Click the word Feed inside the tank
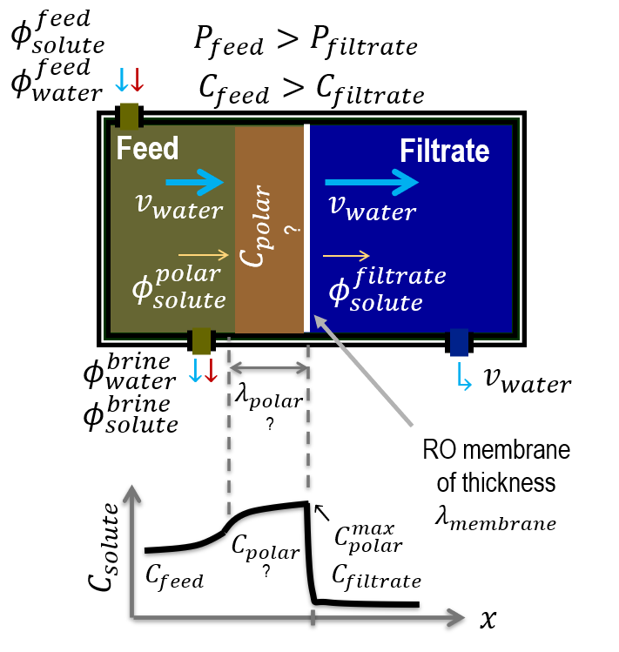148,148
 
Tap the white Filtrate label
445,151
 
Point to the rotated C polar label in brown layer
270,226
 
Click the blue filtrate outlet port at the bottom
458,342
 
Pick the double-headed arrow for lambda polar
268,368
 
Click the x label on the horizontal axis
488,619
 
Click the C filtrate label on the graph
377,576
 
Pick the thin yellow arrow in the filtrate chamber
346,256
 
